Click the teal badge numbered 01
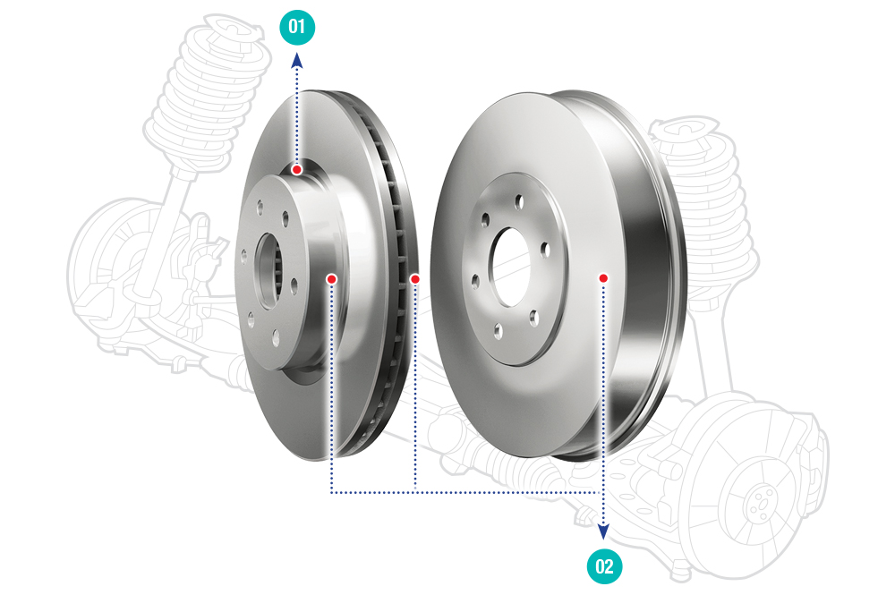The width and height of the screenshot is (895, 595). click(x=297, y=27)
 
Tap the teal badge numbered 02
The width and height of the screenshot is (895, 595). click(x=604, y=566)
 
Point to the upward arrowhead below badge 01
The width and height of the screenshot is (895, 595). click(x=297, y=60)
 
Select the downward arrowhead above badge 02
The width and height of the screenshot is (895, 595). click(x=603, y=532)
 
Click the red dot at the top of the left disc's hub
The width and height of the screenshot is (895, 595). click(x=297, y=169)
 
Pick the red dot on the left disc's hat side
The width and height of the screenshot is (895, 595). click(x=332, y=279)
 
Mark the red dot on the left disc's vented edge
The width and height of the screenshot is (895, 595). click(x=415, y=279)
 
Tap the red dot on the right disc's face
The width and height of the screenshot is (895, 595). click(x=603, y=278)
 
